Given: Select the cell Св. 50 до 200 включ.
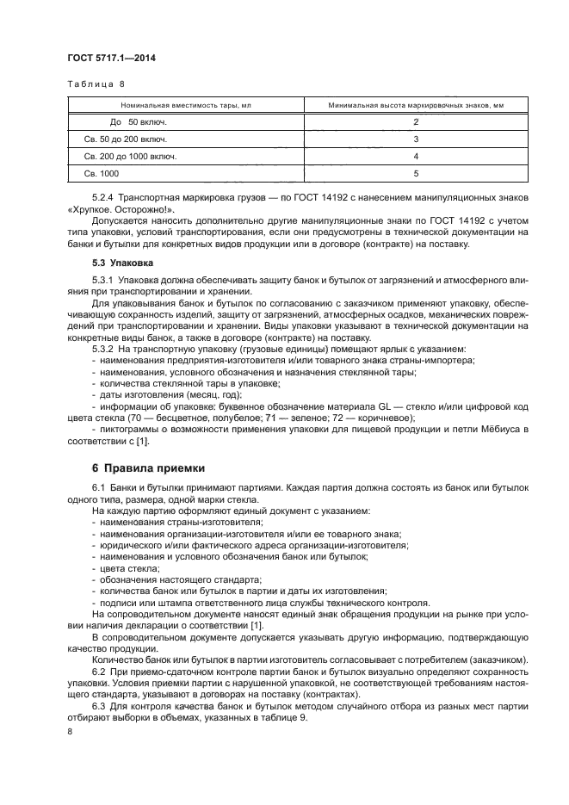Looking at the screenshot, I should pyautogui.click(x=126, y=139).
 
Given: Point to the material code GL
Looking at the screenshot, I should pyautogui.click(x=384, y=406).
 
